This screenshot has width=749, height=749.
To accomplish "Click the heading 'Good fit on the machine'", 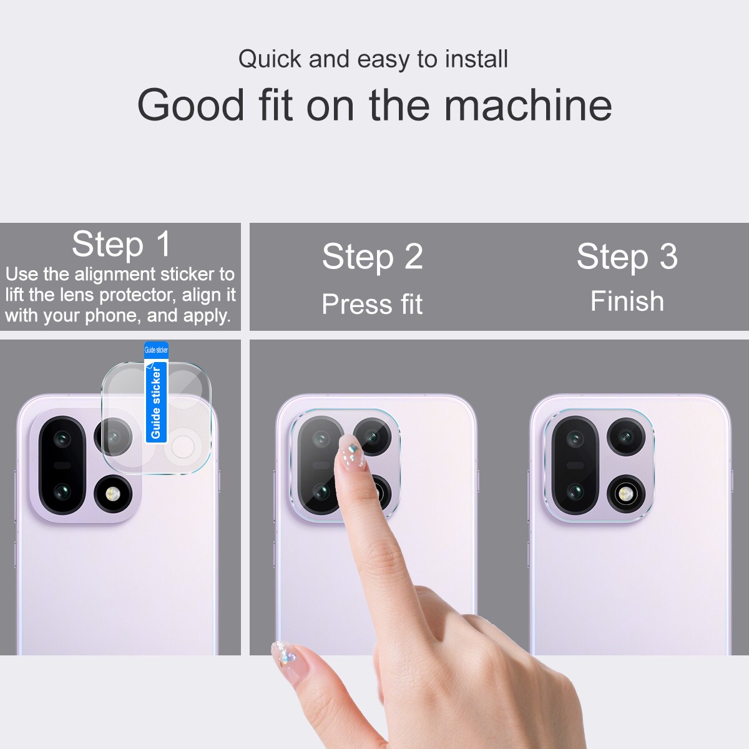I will (x=374, y=105).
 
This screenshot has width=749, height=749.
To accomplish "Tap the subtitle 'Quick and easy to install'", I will (x=373, y=59).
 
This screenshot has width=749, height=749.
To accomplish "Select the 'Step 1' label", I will (x=121, y=243).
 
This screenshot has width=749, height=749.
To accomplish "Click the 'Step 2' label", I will (x=373, y=257).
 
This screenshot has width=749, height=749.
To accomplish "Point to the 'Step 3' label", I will (x=627, y=257).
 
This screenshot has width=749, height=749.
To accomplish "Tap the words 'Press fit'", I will (x=372, y=304).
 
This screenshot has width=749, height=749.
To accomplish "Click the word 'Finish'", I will (x=627, y=301).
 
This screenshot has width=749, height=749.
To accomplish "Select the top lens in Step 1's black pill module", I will (x=61, y=439).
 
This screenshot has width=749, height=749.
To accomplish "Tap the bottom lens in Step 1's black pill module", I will (x=61, y=493).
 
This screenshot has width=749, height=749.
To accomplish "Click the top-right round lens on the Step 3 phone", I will (x=625, y=437).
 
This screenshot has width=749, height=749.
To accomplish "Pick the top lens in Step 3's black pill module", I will (x=574, y=439).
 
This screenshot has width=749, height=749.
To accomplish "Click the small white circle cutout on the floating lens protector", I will (x=183, y=446).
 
